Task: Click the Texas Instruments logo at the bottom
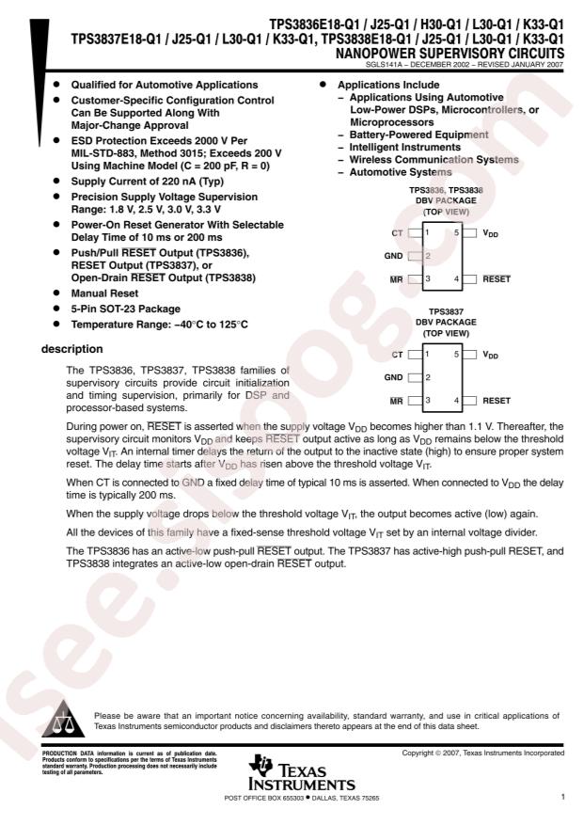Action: click(302, 772)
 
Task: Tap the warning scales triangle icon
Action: click(63, 719)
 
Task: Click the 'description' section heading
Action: click(72, 349)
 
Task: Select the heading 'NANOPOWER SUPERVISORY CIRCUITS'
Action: click(449, 54)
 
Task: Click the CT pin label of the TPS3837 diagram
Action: click(397, 355)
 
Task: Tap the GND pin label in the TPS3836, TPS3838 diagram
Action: click(393, 256)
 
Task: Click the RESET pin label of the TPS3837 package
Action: click(496, 401)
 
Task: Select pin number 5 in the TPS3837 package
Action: click(456, 355)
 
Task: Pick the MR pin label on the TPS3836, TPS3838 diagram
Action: click(397, 279)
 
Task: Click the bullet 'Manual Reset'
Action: click(104, 294)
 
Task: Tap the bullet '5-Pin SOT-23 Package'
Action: click(126, 309)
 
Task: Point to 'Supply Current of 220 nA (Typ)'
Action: click(148, 182)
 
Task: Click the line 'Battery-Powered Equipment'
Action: click(418, 135)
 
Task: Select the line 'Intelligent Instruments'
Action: click(404, 148)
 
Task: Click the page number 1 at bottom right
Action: click(562, 797)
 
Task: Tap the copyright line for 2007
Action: click(483, 753)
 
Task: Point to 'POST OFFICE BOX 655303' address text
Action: click(264, 798)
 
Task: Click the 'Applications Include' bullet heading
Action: click(388, 86)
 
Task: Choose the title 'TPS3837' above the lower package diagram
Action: click(446, 311)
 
